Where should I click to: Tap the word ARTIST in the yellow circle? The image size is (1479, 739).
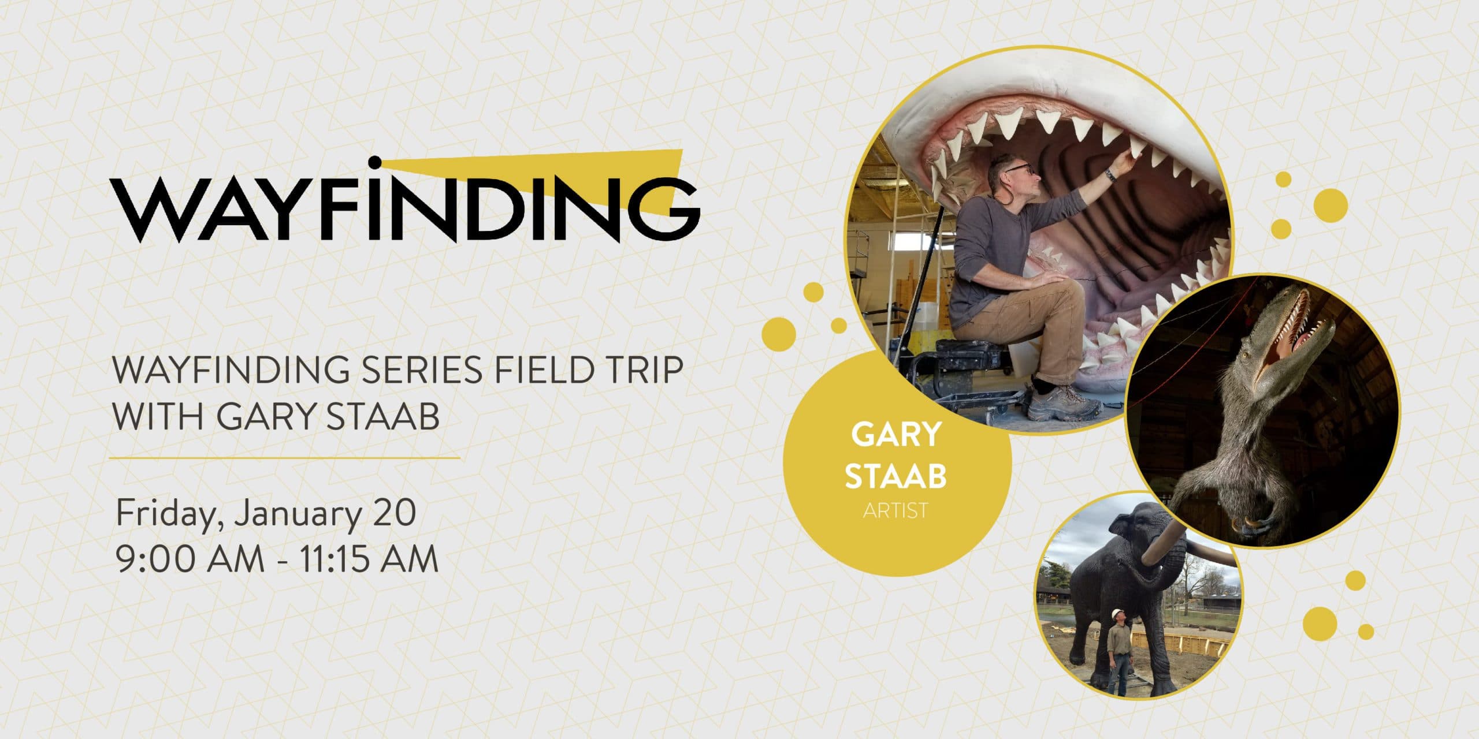point(895,510)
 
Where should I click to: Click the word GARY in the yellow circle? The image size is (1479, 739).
point(896,435)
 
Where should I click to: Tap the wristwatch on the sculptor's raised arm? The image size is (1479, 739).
point(1110,173)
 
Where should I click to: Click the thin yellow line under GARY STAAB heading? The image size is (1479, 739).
point(285,458)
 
